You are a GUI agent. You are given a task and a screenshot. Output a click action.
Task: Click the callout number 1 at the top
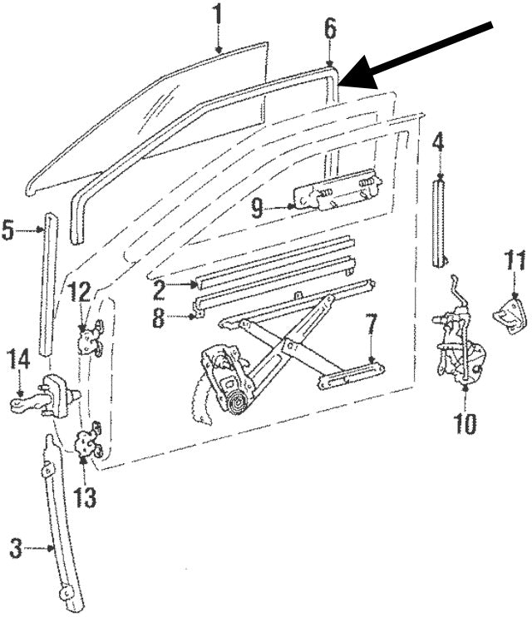click(x=218, y=15)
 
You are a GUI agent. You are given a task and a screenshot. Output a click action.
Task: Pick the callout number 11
click(x=515, y=261)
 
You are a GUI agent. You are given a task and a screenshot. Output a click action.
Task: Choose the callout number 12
click(x=81, y=292)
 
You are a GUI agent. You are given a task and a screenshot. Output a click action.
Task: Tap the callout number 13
click(x=85, y=496)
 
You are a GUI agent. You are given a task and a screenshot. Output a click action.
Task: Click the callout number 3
click(x=15, y=548)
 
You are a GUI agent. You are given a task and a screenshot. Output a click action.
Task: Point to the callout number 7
click(x=372, y=324)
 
